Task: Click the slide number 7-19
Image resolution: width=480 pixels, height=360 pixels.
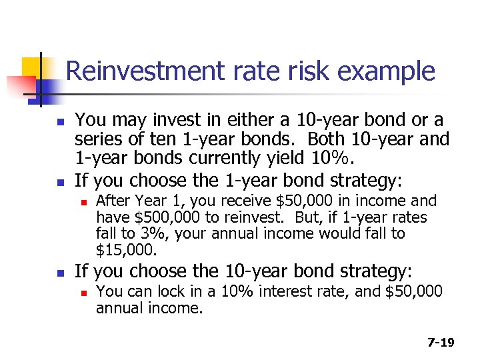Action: pyautogui.click(x=441, y=343)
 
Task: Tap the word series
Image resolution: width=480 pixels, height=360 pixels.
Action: pyautogui.click(x=99, y=140)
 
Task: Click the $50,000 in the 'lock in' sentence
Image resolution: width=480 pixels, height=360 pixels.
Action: pyautogui.click(x=414, y=292)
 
